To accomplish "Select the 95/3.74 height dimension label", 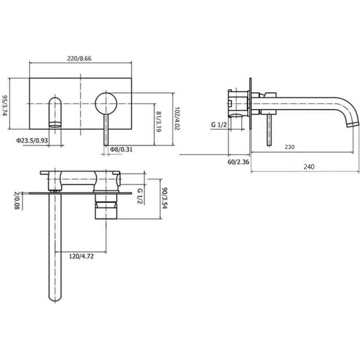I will click(x=5, y=105).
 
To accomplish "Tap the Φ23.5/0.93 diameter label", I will click(x=32, y=140).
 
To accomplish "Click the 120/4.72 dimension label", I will click(x=81, y=256).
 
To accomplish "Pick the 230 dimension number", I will click(x=290, y=147).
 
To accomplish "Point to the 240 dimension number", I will click(x=309, y=166).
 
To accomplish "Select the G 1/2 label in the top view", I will click(x=139, y=196).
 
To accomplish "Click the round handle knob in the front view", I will click(x=106, y=103).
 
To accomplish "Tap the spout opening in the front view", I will click(x=54, y=124).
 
